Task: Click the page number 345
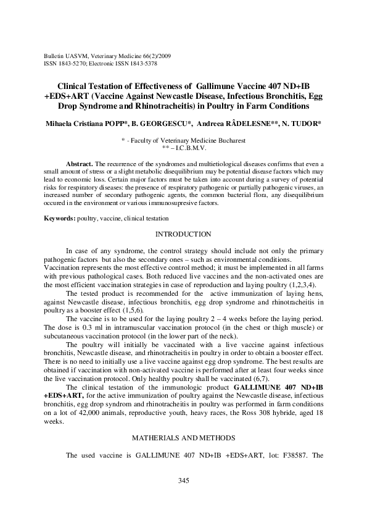click(x=183, y=481)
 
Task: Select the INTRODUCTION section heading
click(x=183, y=234)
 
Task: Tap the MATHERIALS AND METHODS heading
click(x=183, y=437)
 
